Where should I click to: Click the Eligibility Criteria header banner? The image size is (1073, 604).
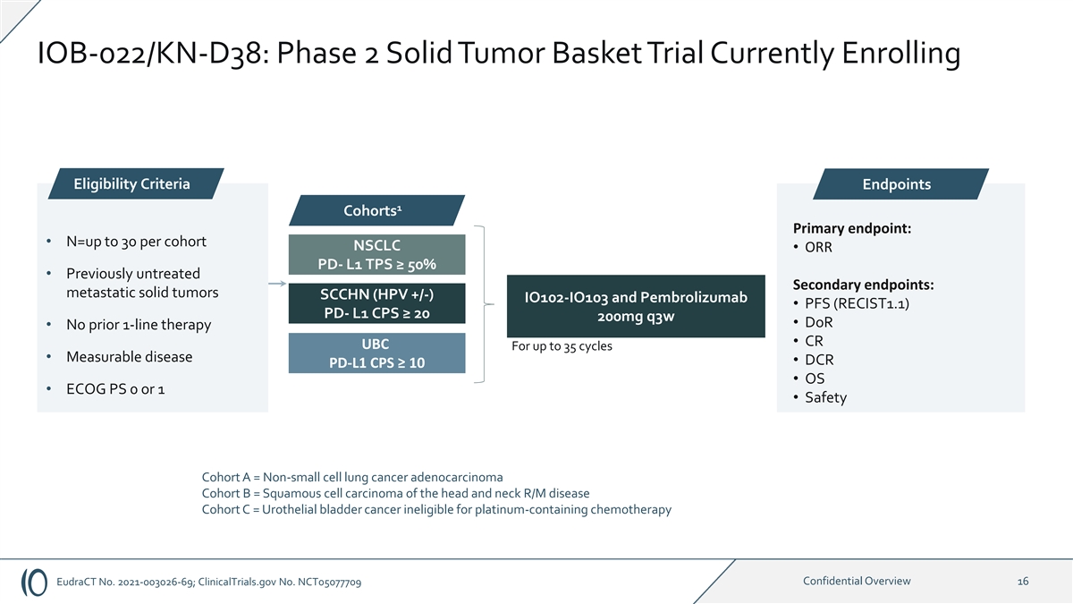(x=136, y=183)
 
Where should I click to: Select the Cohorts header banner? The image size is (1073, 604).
(x=376, y=210)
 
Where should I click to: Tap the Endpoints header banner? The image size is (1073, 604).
(x=900, y=184)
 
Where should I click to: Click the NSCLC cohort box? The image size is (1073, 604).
(x=376, y=254)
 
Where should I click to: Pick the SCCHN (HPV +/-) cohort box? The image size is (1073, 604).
(x=376, y=303)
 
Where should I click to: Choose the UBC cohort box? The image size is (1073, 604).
(x=376, y=353)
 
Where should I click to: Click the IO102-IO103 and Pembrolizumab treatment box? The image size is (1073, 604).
(x=636, y=306)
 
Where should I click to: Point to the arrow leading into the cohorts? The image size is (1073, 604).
(x=277, y=284)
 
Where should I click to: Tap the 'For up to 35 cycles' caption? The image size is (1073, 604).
(x=562, y=346)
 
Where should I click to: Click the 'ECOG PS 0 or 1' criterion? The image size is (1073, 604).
(x=115, y=388)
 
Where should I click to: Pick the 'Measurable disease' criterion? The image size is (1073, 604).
(x=130, y=357)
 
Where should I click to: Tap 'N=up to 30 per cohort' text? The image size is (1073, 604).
(x=136, y=242)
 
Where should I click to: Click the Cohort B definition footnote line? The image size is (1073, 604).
(x=395, y=493)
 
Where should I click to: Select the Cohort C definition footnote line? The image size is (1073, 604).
(x=436, y=509)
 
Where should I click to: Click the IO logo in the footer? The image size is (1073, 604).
(x=34, y=583)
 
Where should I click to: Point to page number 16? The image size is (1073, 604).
(x=1023, y=582)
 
